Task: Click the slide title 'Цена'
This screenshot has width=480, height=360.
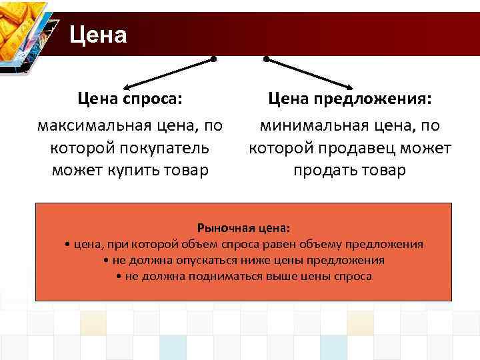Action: (98, 34)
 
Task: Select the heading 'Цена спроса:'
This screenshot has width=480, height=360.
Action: (130, 99)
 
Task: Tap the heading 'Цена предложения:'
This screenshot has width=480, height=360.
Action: (350, 99)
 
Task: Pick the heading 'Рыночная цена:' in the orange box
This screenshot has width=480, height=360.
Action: (243, 228)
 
